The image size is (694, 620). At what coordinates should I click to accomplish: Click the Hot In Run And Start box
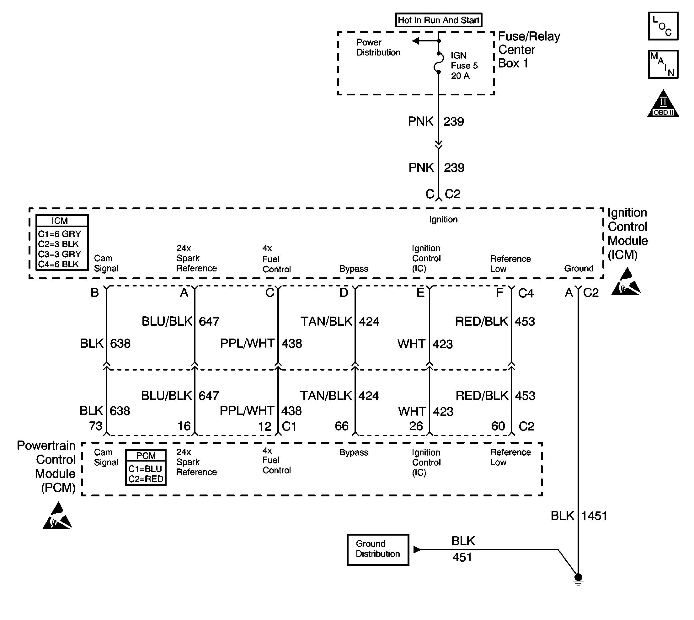point(439,20)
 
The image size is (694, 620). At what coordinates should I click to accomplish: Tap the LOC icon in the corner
point(663,26)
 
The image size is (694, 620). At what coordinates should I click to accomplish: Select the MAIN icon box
point(663,64)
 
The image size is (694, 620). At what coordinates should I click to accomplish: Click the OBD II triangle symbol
point(663,104)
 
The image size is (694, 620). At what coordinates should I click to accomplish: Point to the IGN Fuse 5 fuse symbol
point(439,63)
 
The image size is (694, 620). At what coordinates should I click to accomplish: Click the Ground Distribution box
point(378,549)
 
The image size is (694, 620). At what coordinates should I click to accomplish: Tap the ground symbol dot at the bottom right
point(578,577)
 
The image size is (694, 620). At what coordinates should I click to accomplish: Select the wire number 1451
point(594,516)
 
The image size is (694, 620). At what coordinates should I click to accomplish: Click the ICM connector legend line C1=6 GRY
point(60,234)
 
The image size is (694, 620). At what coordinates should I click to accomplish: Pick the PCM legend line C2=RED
point(146,479)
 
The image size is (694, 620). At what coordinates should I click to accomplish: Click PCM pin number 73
point(95,426)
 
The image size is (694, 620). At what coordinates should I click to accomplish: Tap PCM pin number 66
point(341,426)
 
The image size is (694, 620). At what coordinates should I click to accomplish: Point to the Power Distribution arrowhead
point(415,41)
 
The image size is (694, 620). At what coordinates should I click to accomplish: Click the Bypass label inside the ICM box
point(354,269)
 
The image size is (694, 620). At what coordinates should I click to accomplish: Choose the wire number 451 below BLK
point(462,557)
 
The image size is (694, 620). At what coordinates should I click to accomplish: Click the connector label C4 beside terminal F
point(526,293)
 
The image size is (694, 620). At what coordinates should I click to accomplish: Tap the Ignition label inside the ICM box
point(443,220)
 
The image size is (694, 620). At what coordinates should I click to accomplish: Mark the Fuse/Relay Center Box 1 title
point(529,50)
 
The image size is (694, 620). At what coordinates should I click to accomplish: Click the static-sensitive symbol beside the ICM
point(626,281)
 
